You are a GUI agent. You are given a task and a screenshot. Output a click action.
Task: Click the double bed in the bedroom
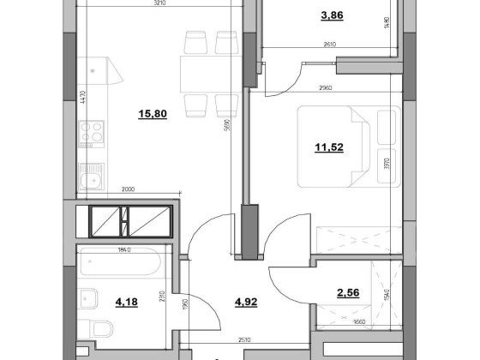tap(343, 146)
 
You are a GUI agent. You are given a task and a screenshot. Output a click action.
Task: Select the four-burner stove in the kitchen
tap(92, 132)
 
